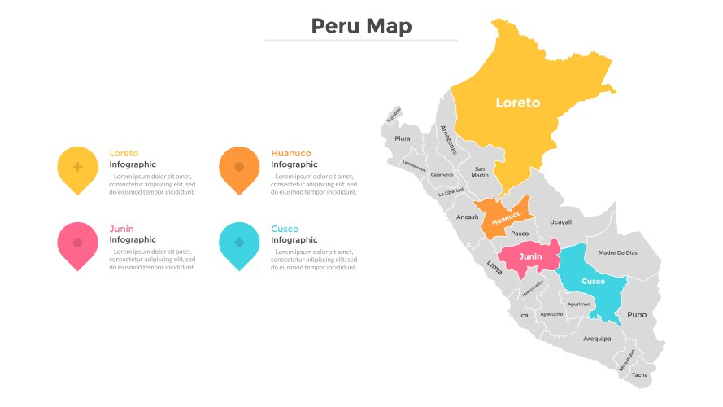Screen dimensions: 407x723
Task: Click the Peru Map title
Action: click(x=361, y=26)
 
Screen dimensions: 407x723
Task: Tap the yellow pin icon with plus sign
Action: click(x=77, y=168)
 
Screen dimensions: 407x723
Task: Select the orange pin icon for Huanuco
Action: click(x=239, y=168)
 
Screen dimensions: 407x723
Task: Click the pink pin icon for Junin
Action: click(x=77, y=243)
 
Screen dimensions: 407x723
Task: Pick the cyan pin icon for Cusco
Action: click(x=239, y=243)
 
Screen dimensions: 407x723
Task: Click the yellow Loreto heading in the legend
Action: click(x=124, y=153)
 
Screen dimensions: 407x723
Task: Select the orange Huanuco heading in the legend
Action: click(x=290, y=153)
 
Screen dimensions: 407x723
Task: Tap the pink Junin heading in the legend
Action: click(x=121, y=229)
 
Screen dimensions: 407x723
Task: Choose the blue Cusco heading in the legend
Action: click(x=285, y=229)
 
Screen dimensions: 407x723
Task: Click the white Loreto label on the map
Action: click(x=517, y=103)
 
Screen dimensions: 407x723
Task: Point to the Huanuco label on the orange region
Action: click(x=506, y=217)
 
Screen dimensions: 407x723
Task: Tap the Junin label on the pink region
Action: click(x=530, y=256)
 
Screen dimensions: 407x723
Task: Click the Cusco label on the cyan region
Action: click(x=593, y=281)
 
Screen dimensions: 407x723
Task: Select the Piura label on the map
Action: click(x=403, y=138)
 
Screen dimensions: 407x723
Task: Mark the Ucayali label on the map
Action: click(x=560, y=221)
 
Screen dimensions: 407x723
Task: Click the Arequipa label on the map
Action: click(x=596, y=338)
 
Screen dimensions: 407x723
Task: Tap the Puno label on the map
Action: click(x=637, y=314)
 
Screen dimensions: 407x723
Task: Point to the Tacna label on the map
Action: click(x=640, y=374)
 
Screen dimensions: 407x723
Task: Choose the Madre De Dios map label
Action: click(x=617, y=252)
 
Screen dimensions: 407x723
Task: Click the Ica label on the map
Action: click(x=523, y=315)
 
